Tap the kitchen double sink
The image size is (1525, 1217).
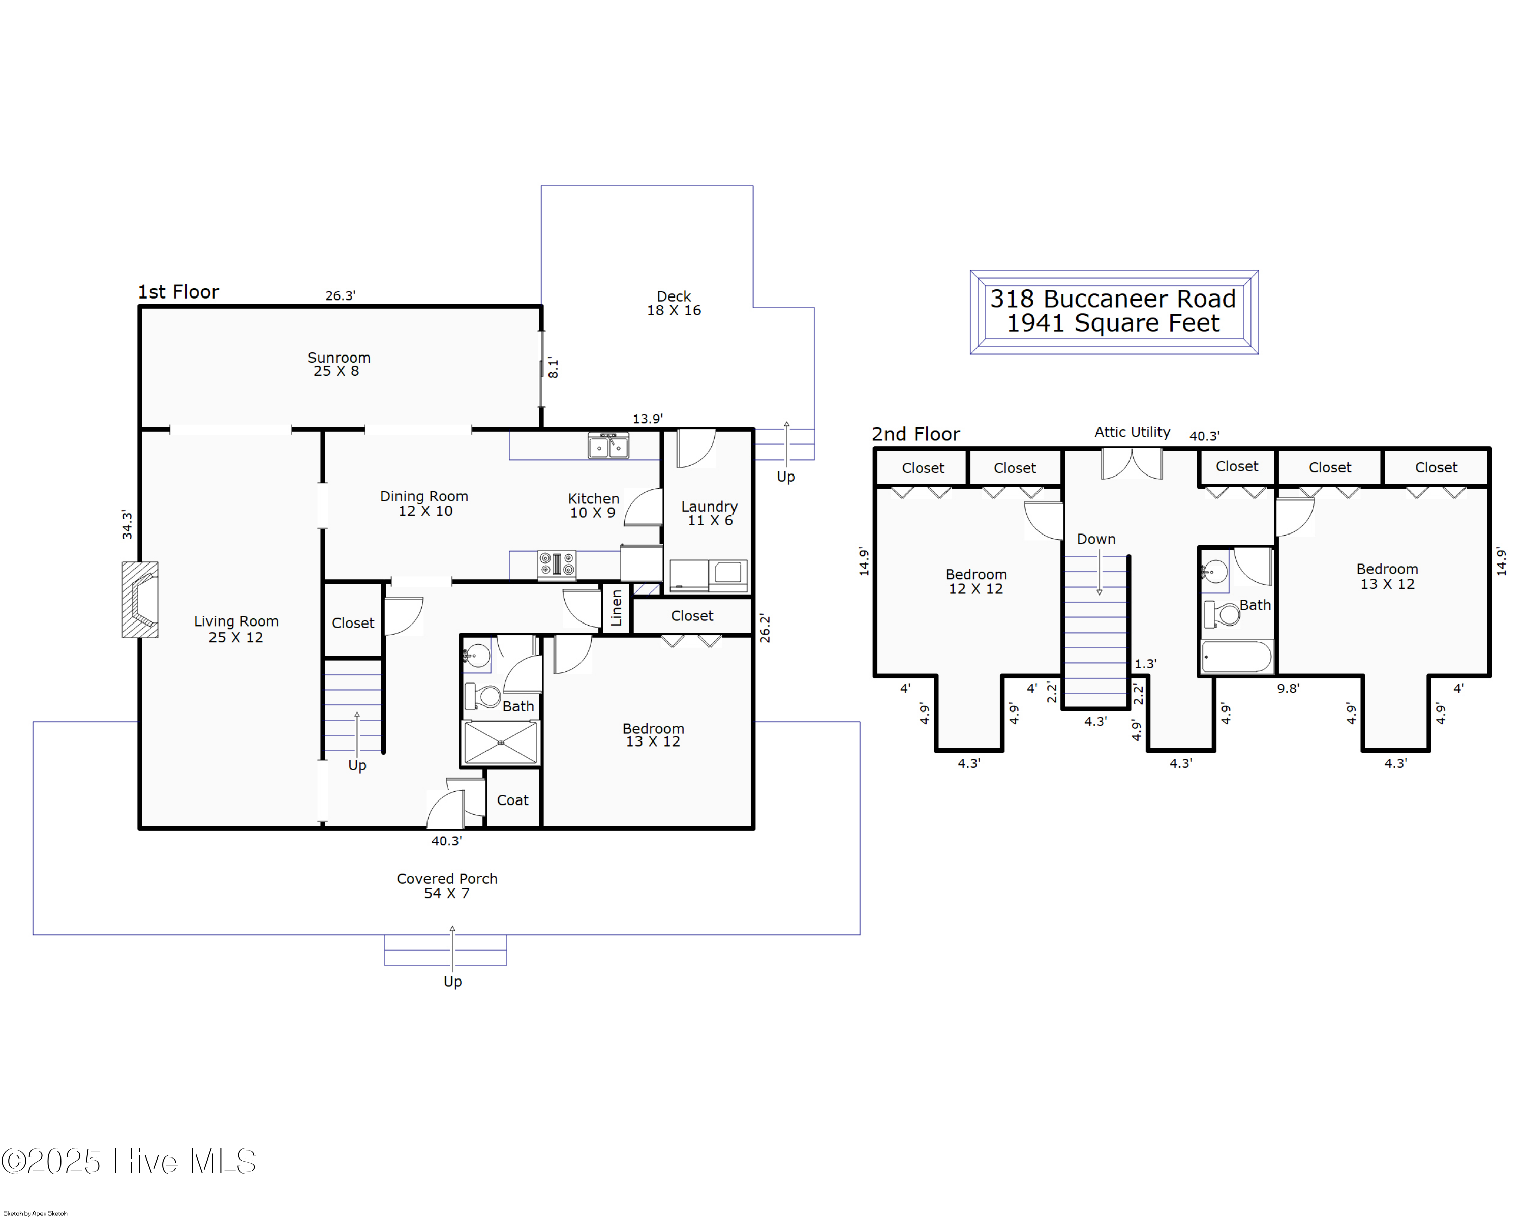(x=608, y=446)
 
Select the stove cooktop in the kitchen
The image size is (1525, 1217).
(x=557, y=565)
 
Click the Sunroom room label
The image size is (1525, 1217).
(x=339, y=358)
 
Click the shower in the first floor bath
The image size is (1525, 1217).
(x=501, y=742)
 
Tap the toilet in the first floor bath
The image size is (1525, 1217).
(x=482, y=696)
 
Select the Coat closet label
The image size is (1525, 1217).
(x=513, y=800)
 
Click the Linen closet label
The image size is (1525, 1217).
(x=617, y=608)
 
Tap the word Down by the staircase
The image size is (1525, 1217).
(x=1096, y=539)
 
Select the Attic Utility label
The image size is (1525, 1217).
(x=1133, y=432)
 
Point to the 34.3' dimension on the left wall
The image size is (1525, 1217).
(x=127, y=524)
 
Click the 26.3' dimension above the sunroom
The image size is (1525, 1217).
(x=340, y=296)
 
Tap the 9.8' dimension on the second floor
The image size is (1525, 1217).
(x=1288, y=689)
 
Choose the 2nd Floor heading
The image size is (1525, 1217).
(x=916, y=434)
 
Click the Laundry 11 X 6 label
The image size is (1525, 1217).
(x=710, y=514)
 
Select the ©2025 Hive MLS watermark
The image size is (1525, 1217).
(x=129, y=1162)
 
